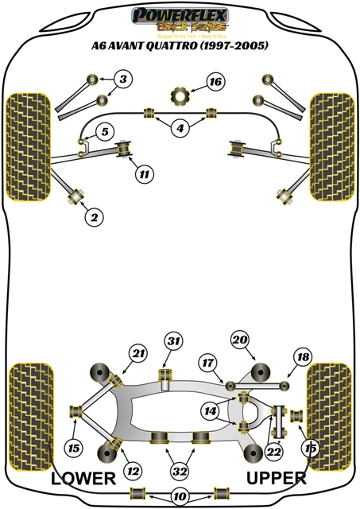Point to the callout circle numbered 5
104,131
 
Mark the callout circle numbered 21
139,353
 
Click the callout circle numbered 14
211,411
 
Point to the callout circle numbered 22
275,450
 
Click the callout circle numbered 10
180,495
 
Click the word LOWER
83,478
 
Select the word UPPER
276,478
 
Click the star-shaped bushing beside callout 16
180,95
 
